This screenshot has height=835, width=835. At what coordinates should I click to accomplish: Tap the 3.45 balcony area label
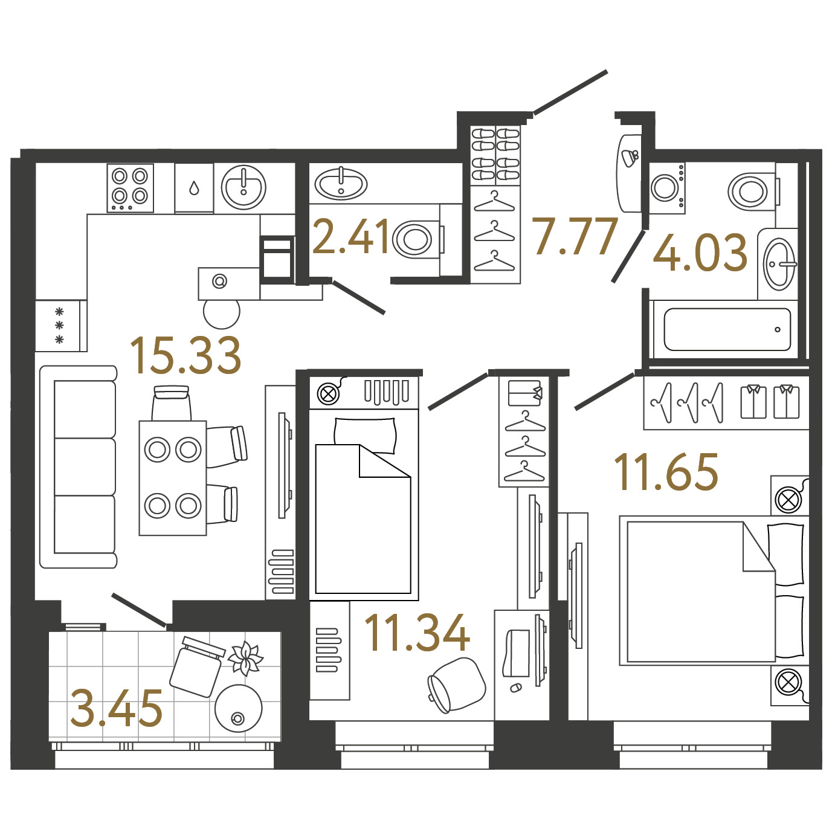pyautogui.click(x=116, y=709)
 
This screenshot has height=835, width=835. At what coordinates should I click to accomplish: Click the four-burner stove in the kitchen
pyautogui.click(x=130, y=188)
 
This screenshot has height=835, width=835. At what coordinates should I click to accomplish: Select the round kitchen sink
pyautogui.click(x=243, y=187)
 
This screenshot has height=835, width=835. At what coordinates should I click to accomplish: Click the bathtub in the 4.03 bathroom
pyautogui.click(x=727, y=329)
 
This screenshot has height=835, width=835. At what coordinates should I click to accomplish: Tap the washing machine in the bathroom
pyautogui.click(x=667, y=188)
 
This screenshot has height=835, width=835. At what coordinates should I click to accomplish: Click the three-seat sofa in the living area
pyautogui.click(x=79, y=466)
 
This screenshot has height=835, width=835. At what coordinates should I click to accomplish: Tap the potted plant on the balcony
pyautogui.click(x=245, y=658)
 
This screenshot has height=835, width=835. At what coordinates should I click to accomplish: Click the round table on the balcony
pyautogui.click(x=238, y=709)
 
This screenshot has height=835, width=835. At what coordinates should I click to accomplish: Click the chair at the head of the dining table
pyautogui.click(x=172, y=402)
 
